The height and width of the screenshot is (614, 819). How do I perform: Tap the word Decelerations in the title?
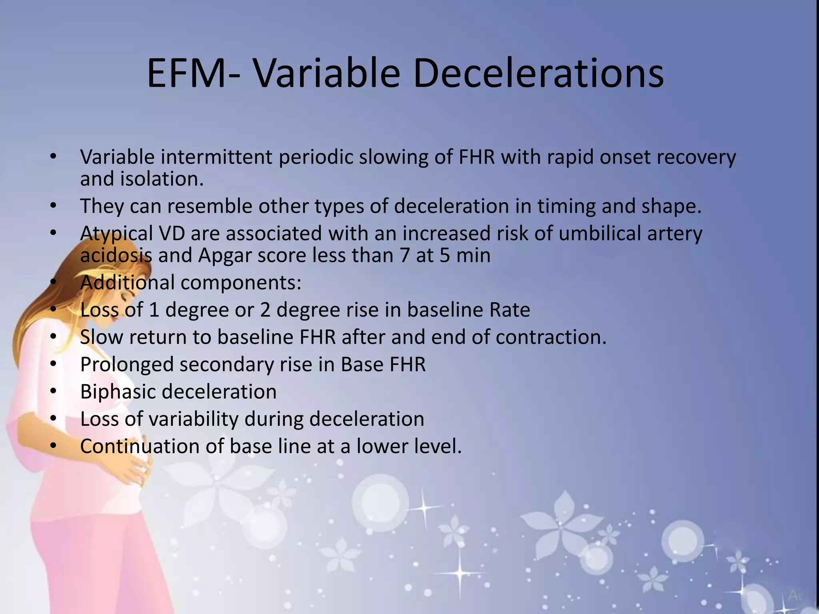pyautogui.click(x=538, y=74)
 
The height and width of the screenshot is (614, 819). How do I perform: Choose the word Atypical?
pyautogui.click(x=116, y=234)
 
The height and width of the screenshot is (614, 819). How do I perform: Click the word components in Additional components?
pyautogui.click(x=241, y=283)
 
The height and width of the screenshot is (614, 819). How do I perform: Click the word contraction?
pyautogui.click(x=551, y=337)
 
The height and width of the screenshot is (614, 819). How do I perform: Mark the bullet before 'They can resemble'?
pyautogui.click(x=54, y=206)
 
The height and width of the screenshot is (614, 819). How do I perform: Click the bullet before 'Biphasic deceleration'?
pyautogui.click(x=54, y=392)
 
